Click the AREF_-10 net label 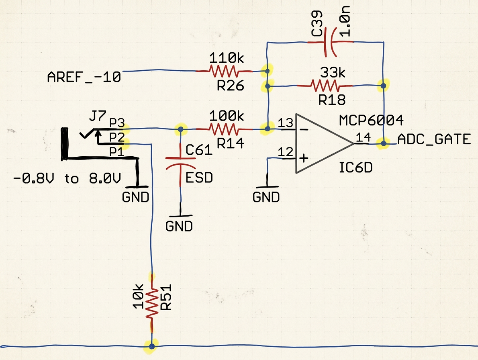tap(84, 77)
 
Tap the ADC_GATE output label tap(433, 139)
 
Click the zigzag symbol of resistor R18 tap(324, 86)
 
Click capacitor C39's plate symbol tap(329, 42)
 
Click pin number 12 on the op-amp tap(286, 152)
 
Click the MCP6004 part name tap(370, 120)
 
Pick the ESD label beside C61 tap(199, 177)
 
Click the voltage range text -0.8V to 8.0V tap(67, 178)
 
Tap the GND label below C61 tap(179, 226)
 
